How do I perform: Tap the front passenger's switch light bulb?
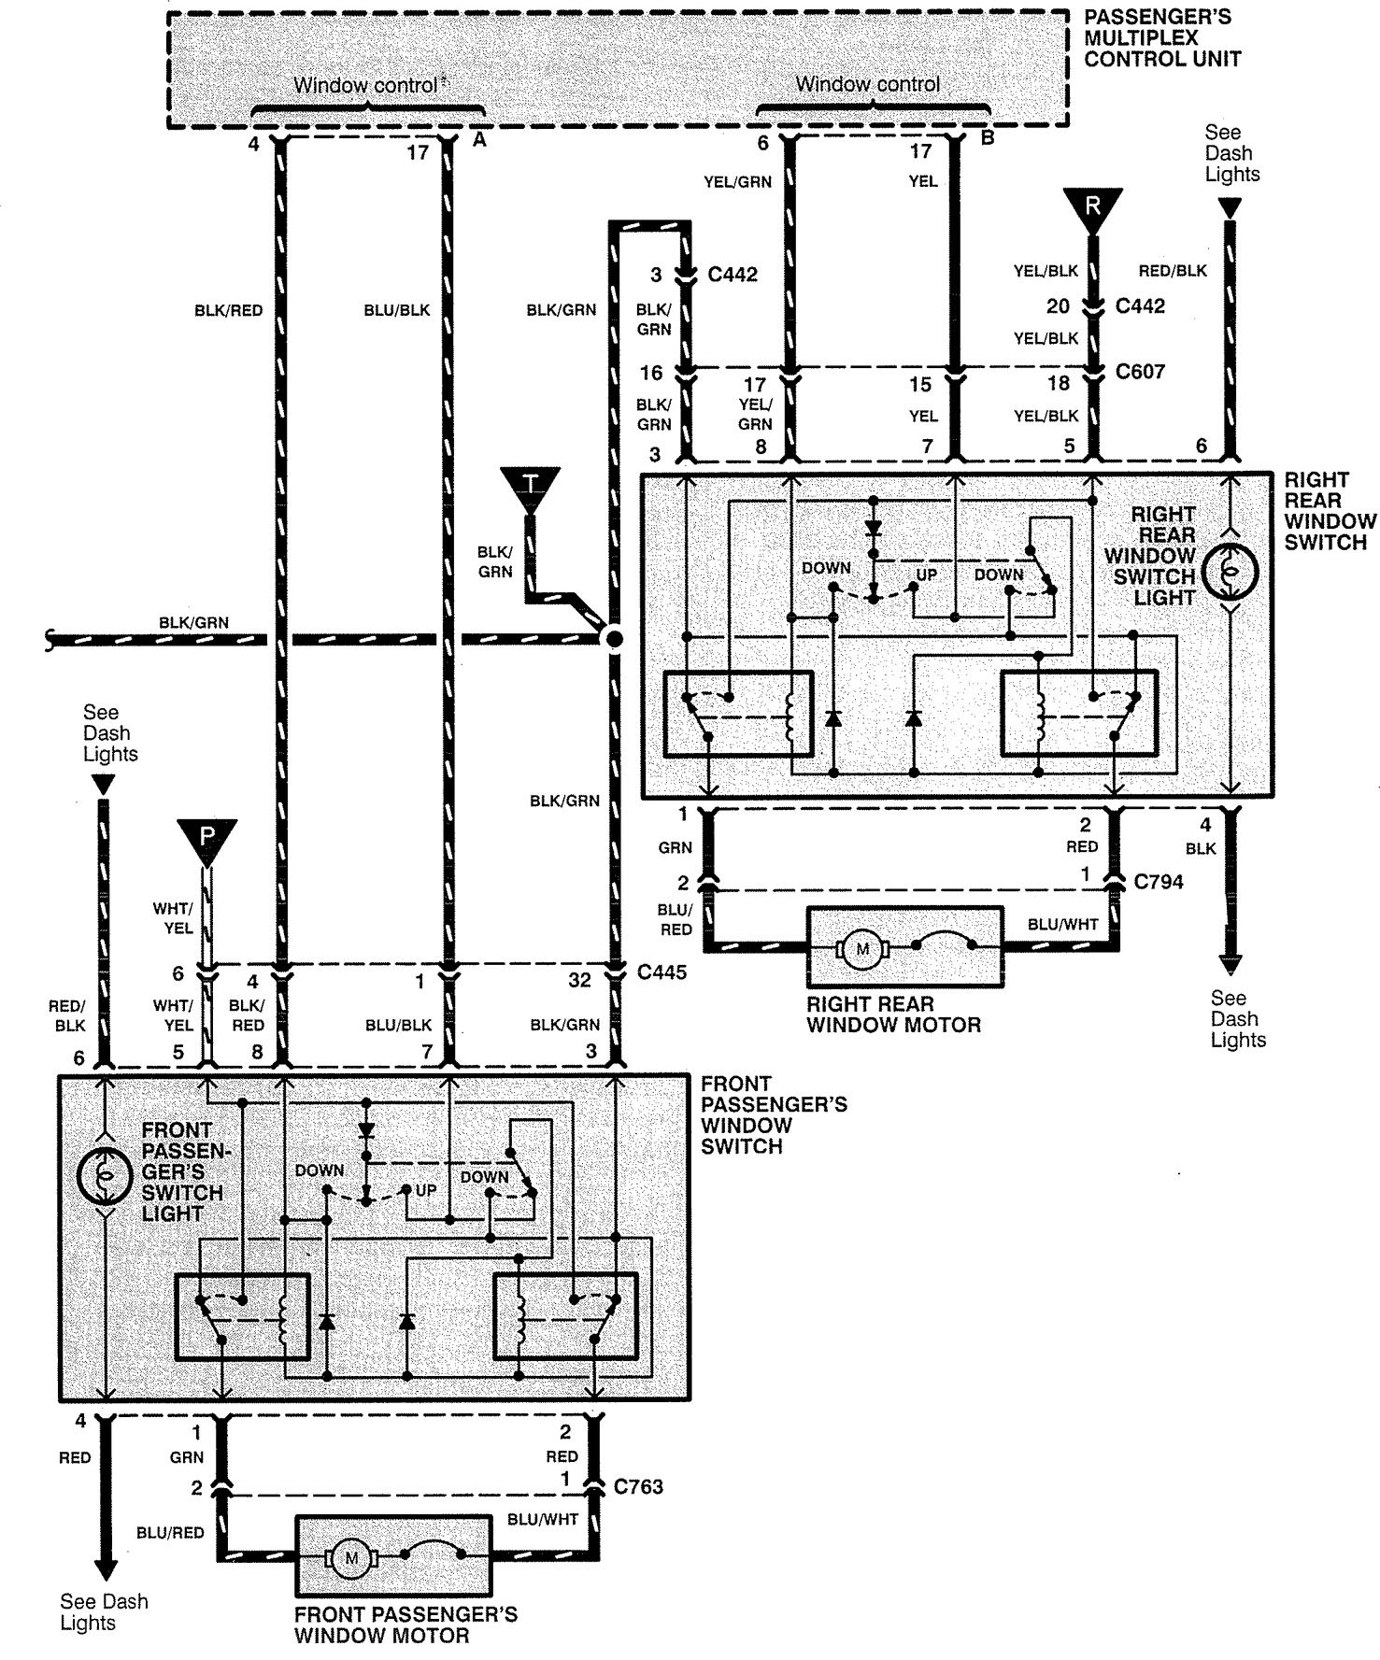tap(103, 1174)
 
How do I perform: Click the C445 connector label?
tap(662, 972)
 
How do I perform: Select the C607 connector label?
tap(1140, 372)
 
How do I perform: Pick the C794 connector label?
tap(1159, 881)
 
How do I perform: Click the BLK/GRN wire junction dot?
tap(614, 640)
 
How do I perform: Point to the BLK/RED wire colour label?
tap(228, 309)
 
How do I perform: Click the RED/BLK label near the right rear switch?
tap(1173, 271)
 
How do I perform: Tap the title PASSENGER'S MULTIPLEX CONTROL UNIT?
tap(1162, 38)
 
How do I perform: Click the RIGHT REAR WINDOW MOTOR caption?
tap(893, 1014)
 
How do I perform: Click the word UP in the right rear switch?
tap(925, 575)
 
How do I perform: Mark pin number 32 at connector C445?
tap(580, 979)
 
